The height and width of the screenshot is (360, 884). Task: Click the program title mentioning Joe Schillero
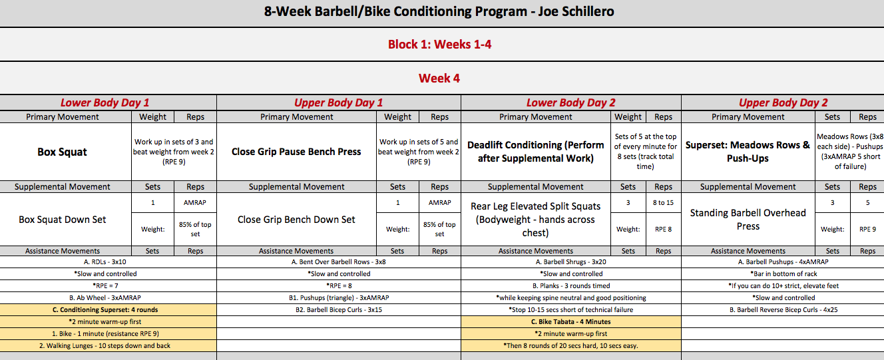click(439, 11)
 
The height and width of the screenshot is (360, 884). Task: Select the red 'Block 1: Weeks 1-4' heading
click(439, 44)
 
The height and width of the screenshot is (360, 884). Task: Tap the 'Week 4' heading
click(439, 78)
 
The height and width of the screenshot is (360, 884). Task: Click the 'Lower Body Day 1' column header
click(105, 103)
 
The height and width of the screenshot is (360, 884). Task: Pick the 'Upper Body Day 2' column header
click(783, 103)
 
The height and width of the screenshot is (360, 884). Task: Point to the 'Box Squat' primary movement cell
click(62, 152)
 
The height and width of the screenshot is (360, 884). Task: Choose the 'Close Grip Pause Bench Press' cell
click(296, 152)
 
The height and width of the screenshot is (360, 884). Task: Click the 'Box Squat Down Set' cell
click(63, 220)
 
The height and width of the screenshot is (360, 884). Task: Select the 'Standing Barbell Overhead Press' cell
click(748, 219)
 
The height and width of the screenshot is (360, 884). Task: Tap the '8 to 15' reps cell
click(663, 203)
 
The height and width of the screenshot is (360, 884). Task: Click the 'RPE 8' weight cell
click(663, 229)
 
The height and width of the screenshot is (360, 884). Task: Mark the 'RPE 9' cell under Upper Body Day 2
click(867, 229)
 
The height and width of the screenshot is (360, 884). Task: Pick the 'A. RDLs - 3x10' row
click(105, 262)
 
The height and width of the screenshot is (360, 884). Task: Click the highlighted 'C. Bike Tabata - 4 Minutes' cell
click(570, 322)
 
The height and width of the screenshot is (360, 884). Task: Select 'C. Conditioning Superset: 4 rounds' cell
click(105, 310)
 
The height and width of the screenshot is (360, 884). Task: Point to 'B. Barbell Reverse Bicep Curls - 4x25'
click(783, 310)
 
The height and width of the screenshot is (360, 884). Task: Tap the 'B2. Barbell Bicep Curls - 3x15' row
click(339, 310)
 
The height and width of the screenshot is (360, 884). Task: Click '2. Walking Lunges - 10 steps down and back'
click(105, 346)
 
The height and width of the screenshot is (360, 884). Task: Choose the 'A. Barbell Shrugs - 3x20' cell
click(570, 262)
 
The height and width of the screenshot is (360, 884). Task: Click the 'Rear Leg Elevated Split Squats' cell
click(536, 220)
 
